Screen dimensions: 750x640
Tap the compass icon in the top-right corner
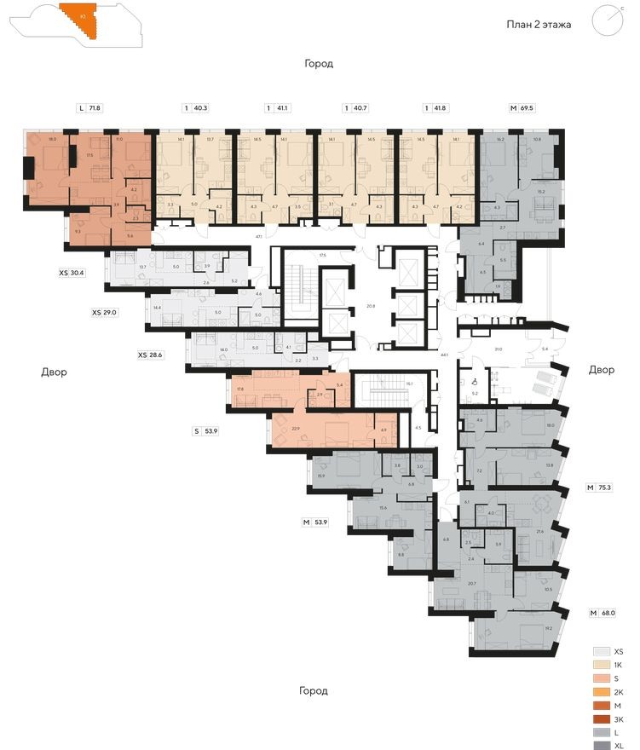607,20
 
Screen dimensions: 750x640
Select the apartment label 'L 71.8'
89,109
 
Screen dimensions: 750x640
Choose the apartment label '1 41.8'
436,109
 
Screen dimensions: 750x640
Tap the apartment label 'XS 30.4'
76,274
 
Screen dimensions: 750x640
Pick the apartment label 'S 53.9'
208,432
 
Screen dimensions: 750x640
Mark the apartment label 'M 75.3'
602,488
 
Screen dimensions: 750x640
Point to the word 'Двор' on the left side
54,372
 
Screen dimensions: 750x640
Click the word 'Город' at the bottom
314,690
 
